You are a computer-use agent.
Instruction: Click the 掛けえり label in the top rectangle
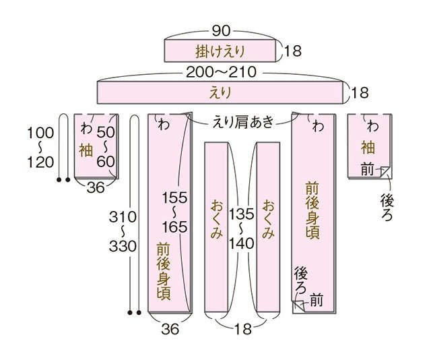(x=220, y=51)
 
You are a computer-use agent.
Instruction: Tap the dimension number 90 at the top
(x=221, y=31)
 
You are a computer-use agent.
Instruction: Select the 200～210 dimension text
(x=222, y=72)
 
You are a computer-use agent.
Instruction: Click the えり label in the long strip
(x=220, y=93)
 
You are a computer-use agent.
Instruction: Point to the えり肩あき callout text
(x=244, y=122)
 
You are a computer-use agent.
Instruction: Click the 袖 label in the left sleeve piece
(x=86, y=150)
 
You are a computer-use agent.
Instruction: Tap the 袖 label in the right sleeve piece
(x=368, y=147)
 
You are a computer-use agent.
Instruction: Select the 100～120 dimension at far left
(x=40, y=148)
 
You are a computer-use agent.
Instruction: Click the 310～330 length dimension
(x=123, y=232)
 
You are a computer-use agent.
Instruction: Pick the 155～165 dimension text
(x=174, y=212)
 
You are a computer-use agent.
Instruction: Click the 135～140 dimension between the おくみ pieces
(x=242, y=229)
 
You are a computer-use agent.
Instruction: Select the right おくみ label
(x=268, y=219)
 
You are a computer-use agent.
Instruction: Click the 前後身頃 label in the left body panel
(x=164, y=271)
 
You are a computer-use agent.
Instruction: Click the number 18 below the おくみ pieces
(x=243, y=328)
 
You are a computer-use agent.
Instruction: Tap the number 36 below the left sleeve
(x=96, y=188)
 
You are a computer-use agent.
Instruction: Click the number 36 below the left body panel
(x=170, y=329)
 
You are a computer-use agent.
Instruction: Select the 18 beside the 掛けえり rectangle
(x=293, y=51)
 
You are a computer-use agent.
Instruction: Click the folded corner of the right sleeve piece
(x=386, y=173)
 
